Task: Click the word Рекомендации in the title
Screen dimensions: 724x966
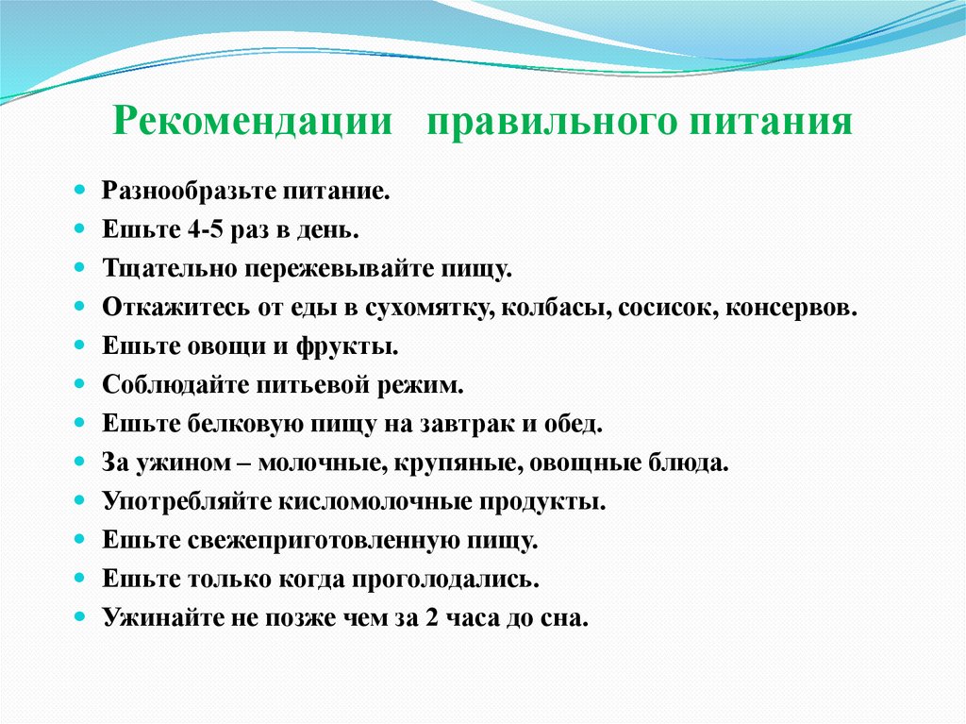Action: [252, 124]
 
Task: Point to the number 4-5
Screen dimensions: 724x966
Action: [192, 230]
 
